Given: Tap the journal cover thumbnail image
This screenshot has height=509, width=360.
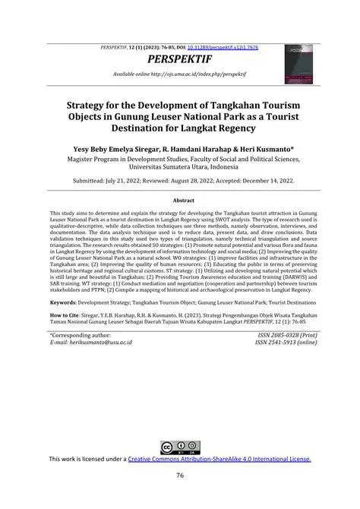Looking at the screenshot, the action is (x=300, y=64).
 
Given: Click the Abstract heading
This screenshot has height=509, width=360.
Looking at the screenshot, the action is (x=179, y=200).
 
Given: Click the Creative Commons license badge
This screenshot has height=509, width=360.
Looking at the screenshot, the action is (x=180, y=447).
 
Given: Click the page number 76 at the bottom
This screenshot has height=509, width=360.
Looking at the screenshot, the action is (x=180, y=476).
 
